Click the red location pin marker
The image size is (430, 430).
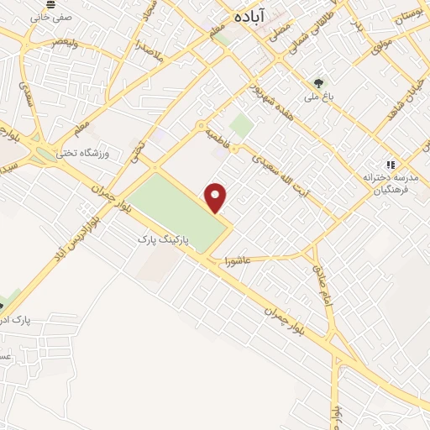[x=217, y=197]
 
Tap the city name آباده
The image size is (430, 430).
[x=250, y=14]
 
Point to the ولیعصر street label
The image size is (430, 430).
[x=64, y=41]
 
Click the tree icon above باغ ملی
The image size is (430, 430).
[x=318, y=83]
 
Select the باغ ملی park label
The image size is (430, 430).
[x=319, y=97]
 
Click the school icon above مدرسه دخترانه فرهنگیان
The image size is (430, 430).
[x=389, y=165]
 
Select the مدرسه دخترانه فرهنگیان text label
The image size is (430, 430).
[x=389, y=185]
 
